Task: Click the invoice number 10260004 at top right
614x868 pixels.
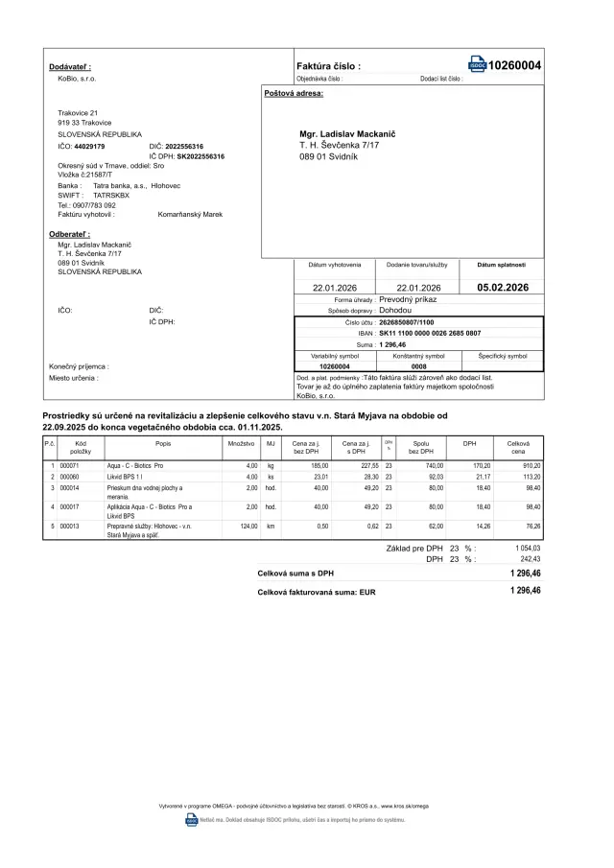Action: pyautogui.click(x=514, y=65)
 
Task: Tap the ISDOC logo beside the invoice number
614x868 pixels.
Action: pyautogui.click(x=477, y=65)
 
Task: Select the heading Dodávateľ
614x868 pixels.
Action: pyautogui.click(x=70, y=66)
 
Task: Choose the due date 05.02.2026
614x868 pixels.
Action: pyautogui.click(x=503, y=288)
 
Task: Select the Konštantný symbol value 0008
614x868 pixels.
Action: pyautogui.click(x=419, y=366)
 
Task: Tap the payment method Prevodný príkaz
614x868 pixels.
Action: pyautogui.click(x=408, y=299)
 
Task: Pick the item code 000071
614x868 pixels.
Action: pyautogui.click(x=69, y=465)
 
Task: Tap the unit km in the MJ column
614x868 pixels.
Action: pyautogui.click(x=271, y=526)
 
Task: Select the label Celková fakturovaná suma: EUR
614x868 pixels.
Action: pyautogui.click(x=317, y=593)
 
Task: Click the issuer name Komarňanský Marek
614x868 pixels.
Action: pyautogui.click(x=190, y=215)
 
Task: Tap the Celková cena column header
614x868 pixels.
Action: pyautogui.click(x=518, y=447)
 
